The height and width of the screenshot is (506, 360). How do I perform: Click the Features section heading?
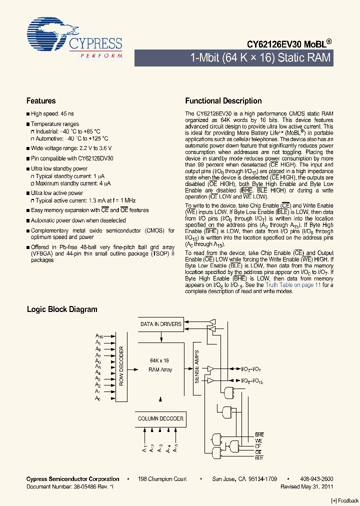[41, 101]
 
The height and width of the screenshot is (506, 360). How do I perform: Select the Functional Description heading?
[223, 101]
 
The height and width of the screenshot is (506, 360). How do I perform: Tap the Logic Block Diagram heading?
[62, 309]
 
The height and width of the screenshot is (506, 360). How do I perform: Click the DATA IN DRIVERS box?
[160, 324]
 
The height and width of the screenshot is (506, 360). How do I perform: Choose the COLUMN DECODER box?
[160, 418]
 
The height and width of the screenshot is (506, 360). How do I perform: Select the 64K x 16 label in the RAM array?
[160, 360]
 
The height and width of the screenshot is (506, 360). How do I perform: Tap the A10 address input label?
[99, 336]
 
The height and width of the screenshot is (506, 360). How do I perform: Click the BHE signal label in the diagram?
[259, 435]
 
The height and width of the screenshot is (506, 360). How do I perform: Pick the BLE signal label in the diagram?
[259, 457]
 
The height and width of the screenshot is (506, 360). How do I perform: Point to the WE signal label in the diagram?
[258, 441]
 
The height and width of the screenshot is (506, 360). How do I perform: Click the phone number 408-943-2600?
[316, 479]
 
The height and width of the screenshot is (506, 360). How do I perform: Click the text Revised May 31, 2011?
[306, 486]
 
